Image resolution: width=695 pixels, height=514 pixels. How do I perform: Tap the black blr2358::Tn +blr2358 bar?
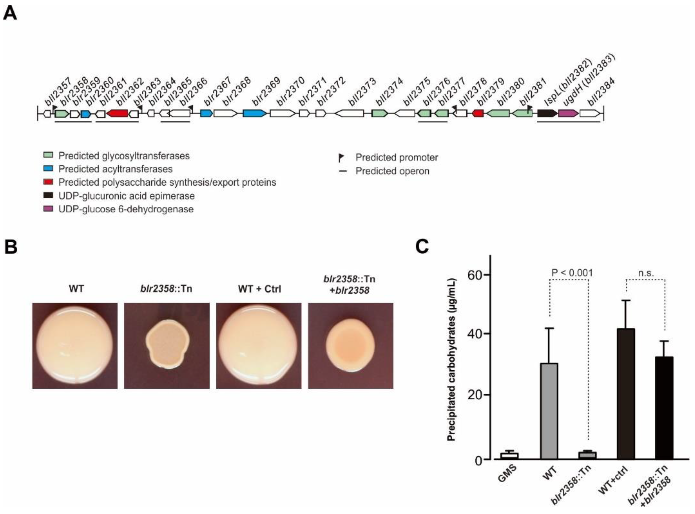coord(664,408)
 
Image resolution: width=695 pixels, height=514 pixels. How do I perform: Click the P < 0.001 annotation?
coord(572,273)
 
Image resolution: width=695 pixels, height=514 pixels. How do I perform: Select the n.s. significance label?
coord(646,273)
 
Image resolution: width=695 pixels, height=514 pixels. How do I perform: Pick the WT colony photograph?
coord(75,345)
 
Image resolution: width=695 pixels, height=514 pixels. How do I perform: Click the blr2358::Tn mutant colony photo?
coord(167,345)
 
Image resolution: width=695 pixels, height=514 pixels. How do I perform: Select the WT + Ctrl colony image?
coord(259,345)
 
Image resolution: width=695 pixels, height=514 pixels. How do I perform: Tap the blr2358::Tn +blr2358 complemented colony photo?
coord(350,345)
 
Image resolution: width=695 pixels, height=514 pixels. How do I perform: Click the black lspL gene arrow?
coord(547,114)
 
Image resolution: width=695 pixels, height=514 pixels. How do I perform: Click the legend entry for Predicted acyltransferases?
coord(115,169)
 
